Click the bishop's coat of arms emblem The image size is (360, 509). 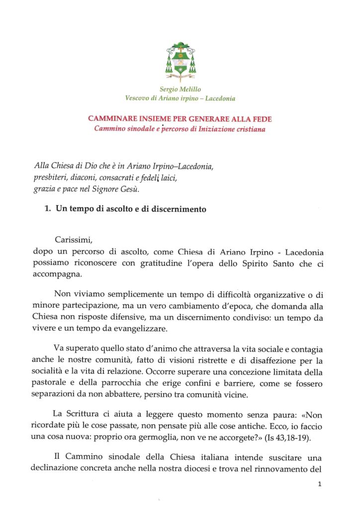180,62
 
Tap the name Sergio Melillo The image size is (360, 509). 180,89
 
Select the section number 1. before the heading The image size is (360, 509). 48,209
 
